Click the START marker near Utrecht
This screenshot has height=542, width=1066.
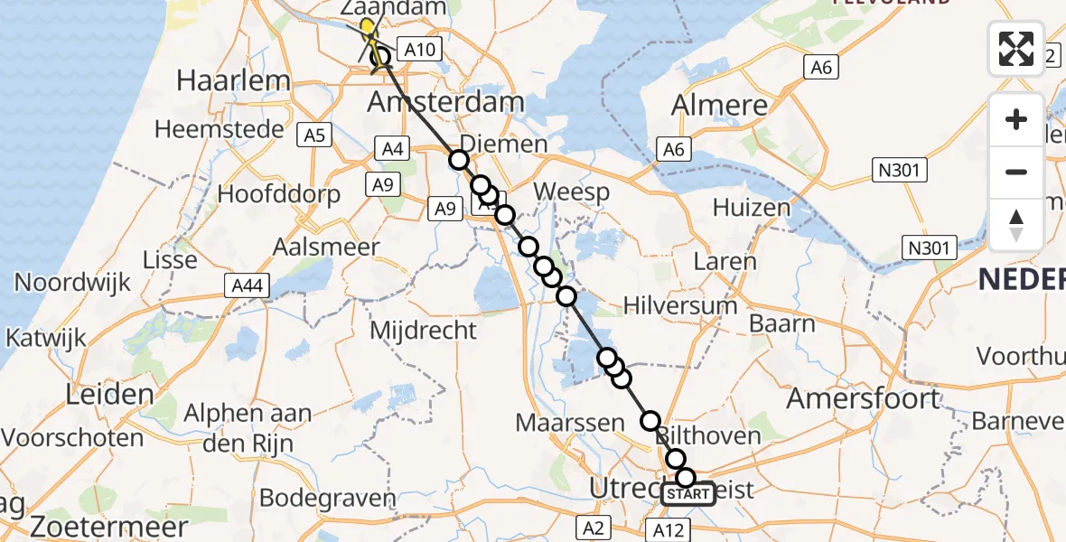tap(689, 494)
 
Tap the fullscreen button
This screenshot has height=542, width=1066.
tap(1016, 49)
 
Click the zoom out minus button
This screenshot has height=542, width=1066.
tap(1016, 172)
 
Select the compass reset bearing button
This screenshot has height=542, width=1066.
tap(1016, 224)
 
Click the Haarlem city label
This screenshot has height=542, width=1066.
tap(233, 80)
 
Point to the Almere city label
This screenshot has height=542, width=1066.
tap(720, 105)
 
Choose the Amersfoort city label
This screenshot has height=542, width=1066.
tap(863, 397)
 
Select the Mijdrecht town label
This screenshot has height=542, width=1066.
tap(423, 330)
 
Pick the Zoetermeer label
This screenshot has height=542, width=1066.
tap(108, 527)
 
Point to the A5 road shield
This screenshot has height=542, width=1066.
tap(314, 135)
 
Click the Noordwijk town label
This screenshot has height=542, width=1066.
tap(68, 282)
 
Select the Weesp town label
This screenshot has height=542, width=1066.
tap(571, 192)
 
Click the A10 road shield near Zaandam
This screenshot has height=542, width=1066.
tap(418, 51)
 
